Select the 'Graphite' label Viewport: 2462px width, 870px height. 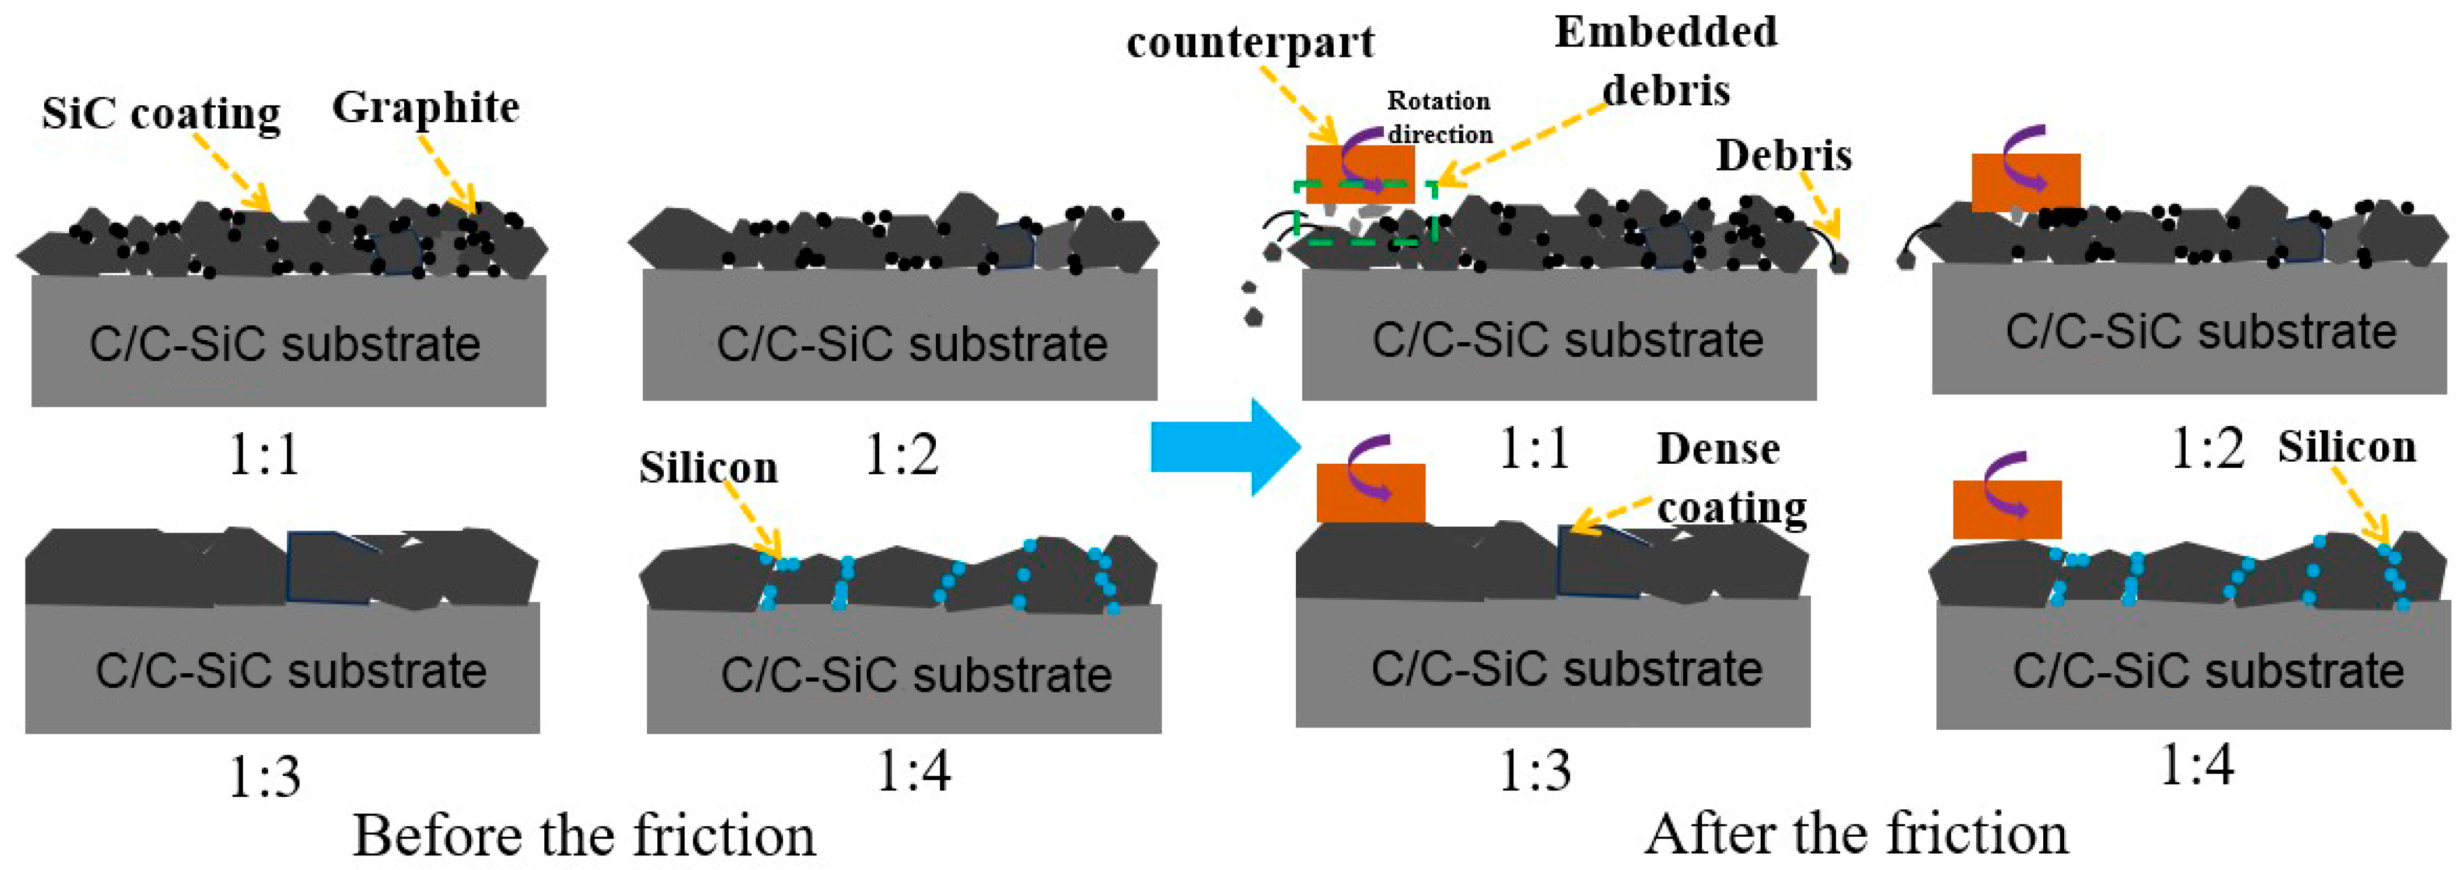tap(425, 107)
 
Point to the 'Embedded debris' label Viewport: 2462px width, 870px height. tap(1666, 59)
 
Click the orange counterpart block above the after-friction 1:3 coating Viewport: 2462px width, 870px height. tap(1370, 492)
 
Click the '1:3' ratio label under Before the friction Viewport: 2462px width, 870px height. tap(265, 776)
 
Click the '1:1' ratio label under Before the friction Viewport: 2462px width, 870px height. tap(265, 454)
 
